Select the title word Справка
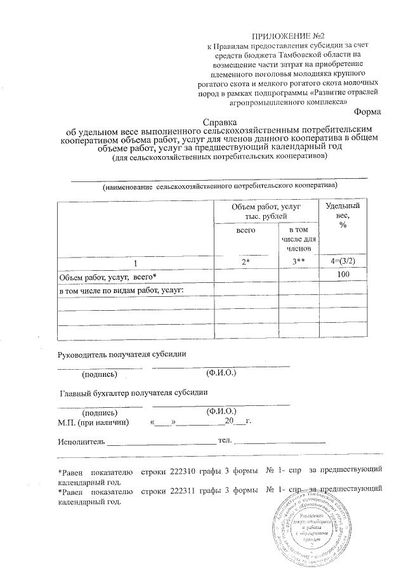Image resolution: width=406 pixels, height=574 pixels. point(219,121)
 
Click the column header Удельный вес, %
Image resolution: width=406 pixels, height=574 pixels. point(343,216)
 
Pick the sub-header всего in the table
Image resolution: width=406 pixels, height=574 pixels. point(246,231)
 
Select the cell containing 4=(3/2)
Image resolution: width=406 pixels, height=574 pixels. point(343,263)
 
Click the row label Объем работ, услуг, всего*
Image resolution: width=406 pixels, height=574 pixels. point(107,277)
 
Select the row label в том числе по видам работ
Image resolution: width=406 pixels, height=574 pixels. point(121,290)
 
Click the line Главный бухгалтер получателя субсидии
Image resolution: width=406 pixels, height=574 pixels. point(134,393)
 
